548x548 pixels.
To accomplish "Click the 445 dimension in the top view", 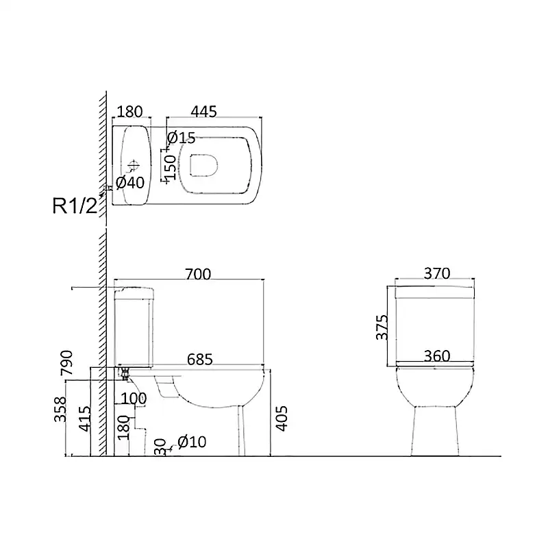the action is coord(203,112).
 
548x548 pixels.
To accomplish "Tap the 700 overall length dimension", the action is coord(198,275).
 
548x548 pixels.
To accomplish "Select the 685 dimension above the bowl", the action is coord(200,359).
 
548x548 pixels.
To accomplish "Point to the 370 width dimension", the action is coord(437,273).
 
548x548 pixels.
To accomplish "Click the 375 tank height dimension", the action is coord(382,327).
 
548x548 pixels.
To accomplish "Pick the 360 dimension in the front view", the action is coord(437,356).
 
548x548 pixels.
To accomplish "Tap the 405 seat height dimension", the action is coord(282,419).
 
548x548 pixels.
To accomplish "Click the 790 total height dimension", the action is coord(66,363).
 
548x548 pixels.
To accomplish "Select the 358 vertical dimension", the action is coord(60,409).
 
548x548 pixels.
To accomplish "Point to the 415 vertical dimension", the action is coord(84,419).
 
